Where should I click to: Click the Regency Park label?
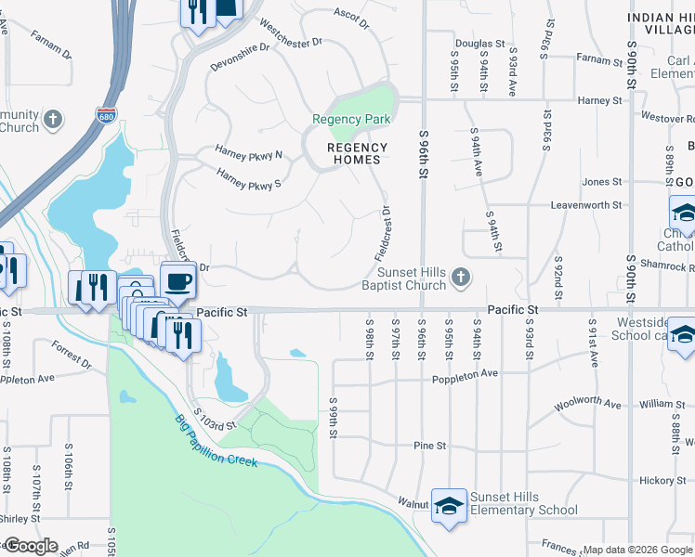351,119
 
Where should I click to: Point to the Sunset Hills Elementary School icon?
450,506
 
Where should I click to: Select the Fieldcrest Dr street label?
384,233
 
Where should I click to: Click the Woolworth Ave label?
587,405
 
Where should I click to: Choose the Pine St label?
430,446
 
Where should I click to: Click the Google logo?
31,546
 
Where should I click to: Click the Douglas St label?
479,44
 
